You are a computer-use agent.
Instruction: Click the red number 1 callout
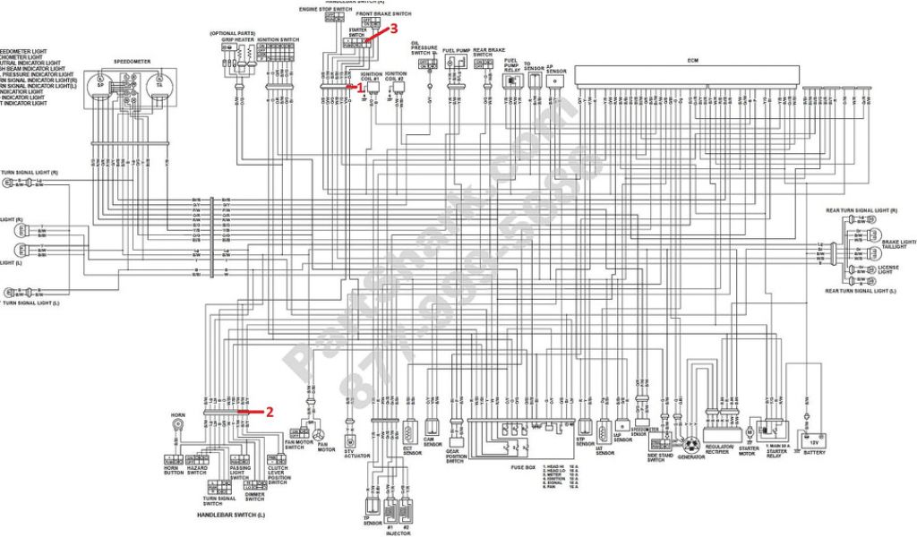(360, 88)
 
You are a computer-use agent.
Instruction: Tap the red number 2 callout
(269, 412)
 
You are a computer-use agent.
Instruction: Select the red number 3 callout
(392, 28)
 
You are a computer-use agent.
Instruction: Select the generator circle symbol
(690, 444)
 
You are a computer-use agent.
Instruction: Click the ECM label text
(693, 60)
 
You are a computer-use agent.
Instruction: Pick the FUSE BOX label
(525, 468)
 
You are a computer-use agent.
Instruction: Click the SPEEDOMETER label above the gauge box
(132, 62)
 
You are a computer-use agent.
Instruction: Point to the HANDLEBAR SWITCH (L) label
(231, 516)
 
